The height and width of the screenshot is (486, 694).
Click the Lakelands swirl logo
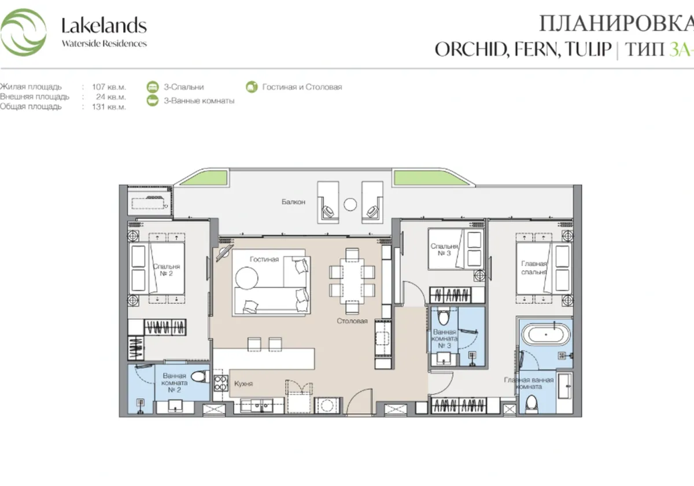24,32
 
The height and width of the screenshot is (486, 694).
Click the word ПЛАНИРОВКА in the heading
616,24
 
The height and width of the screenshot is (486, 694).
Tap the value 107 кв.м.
109,87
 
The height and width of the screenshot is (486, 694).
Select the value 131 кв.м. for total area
109,106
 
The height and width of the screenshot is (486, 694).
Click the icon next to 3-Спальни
153,87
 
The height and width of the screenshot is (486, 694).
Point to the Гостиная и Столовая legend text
302,87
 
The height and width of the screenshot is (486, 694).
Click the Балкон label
293,202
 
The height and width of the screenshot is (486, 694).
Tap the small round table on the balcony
350,204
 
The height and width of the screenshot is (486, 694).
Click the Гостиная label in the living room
264,259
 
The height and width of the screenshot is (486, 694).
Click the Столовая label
353,321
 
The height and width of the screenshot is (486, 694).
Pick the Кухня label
243,383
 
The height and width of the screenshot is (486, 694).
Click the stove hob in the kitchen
220,384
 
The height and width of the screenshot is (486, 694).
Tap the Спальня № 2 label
167,270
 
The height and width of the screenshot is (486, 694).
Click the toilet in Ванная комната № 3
444,317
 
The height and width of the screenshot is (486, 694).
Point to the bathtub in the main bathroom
544,335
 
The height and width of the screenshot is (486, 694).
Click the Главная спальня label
531,267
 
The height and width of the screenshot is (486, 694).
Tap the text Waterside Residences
104,43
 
